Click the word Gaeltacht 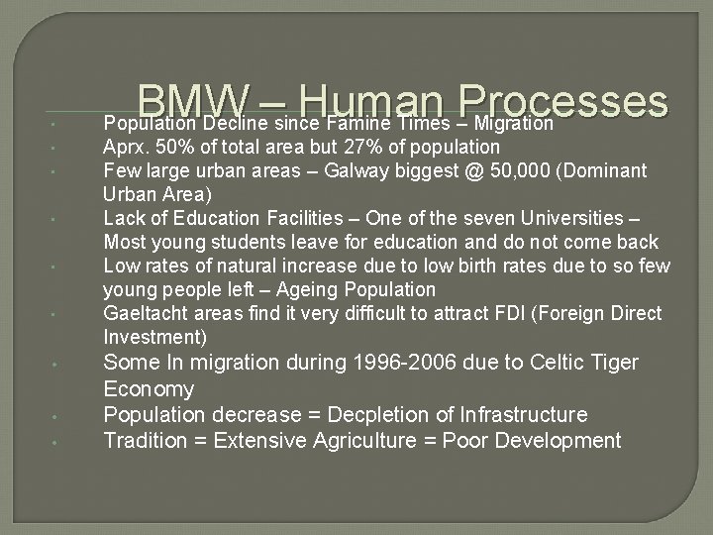144,313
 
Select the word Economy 149,388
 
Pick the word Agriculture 357,440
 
